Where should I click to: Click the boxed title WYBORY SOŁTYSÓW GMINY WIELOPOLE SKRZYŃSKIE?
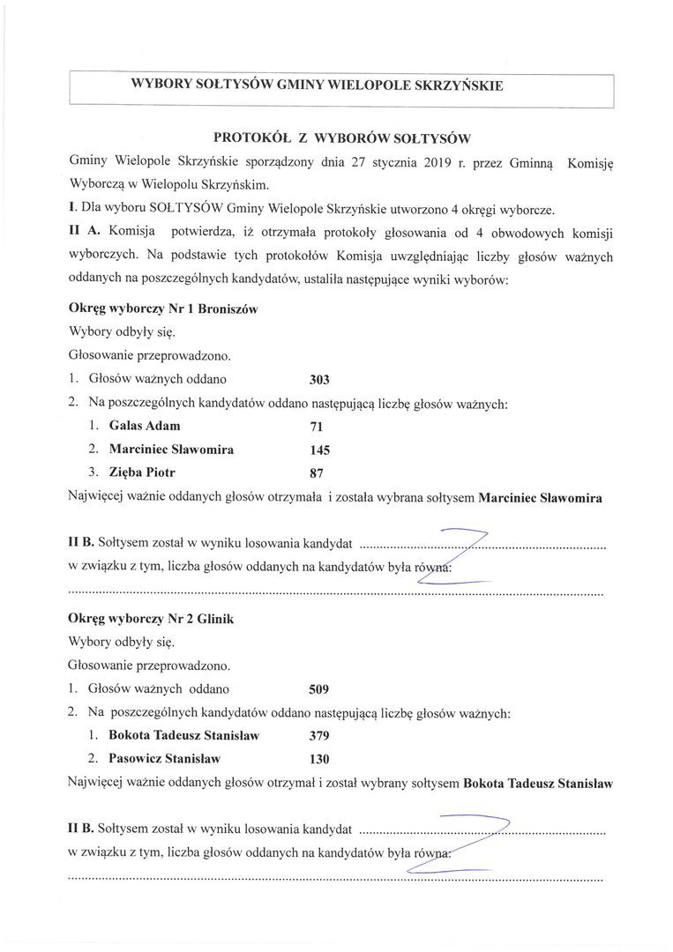(317, 86)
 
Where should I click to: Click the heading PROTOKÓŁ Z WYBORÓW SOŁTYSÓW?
(343, 138)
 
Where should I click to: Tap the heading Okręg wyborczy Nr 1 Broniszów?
(162, 310)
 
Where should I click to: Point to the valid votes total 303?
(319, 381)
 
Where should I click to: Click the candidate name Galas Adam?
(145, 426)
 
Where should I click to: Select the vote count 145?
(319, 450)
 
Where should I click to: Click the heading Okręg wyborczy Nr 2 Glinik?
(150, 620)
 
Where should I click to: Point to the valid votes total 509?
(319, 689)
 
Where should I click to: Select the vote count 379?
(319, 735)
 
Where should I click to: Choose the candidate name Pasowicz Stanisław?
(164, 758)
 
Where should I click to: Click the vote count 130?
(319, 759)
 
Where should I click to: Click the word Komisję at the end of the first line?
(583, 163)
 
